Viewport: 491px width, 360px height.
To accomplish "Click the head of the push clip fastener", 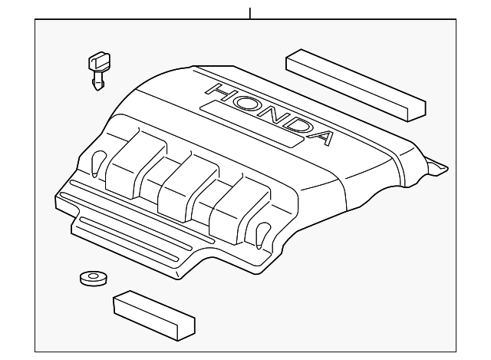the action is tap(99, 61).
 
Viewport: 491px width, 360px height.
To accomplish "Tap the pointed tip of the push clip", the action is tap(98, 89).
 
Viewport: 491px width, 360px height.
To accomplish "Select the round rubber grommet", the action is tap(94, 278).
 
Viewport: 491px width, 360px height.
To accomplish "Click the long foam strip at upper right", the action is tap(356, 84).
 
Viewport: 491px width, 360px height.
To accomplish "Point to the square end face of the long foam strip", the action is tap(417, 112).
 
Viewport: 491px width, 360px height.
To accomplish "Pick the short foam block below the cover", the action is tap(154, 315).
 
